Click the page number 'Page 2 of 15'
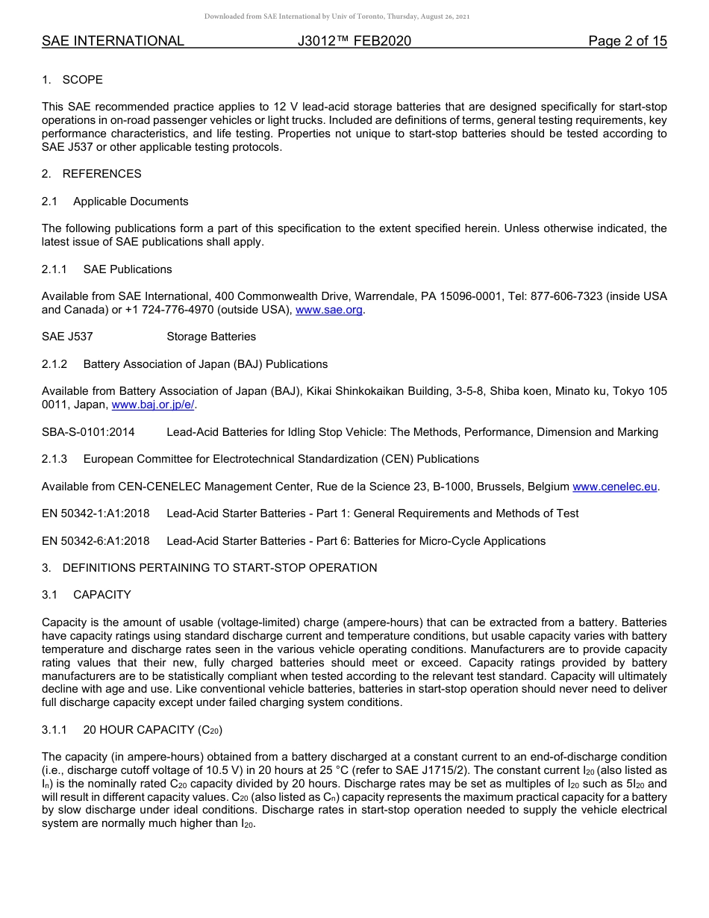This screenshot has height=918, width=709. [627, 41]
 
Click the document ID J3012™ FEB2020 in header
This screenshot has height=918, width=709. [354, 41]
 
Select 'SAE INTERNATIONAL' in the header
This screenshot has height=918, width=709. [113, 41]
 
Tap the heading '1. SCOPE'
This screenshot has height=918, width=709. [72, 80]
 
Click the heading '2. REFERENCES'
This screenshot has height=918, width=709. [92, 174]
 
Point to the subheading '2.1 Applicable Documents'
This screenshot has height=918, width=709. [116, 202]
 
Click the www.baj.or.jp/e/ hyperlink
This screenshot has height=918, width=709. [153, 405]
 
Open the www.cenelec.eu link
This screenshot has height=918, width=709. [614, 487]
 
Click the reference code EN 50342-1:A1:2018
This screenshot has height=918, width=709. [96, 513]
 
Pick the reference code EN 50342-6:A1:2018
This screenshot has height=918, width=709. [96, 541]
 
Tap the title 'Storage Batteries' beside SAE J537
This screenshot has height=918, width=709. [211, 337]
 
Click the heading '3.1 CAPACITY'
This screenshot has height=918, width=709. [87, 595]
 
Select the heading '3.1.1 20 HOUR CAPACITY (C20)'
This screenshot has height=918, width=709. [132, 730]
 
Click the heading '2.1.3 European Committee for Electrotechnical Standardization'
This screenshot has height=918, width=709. [260, 459]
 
